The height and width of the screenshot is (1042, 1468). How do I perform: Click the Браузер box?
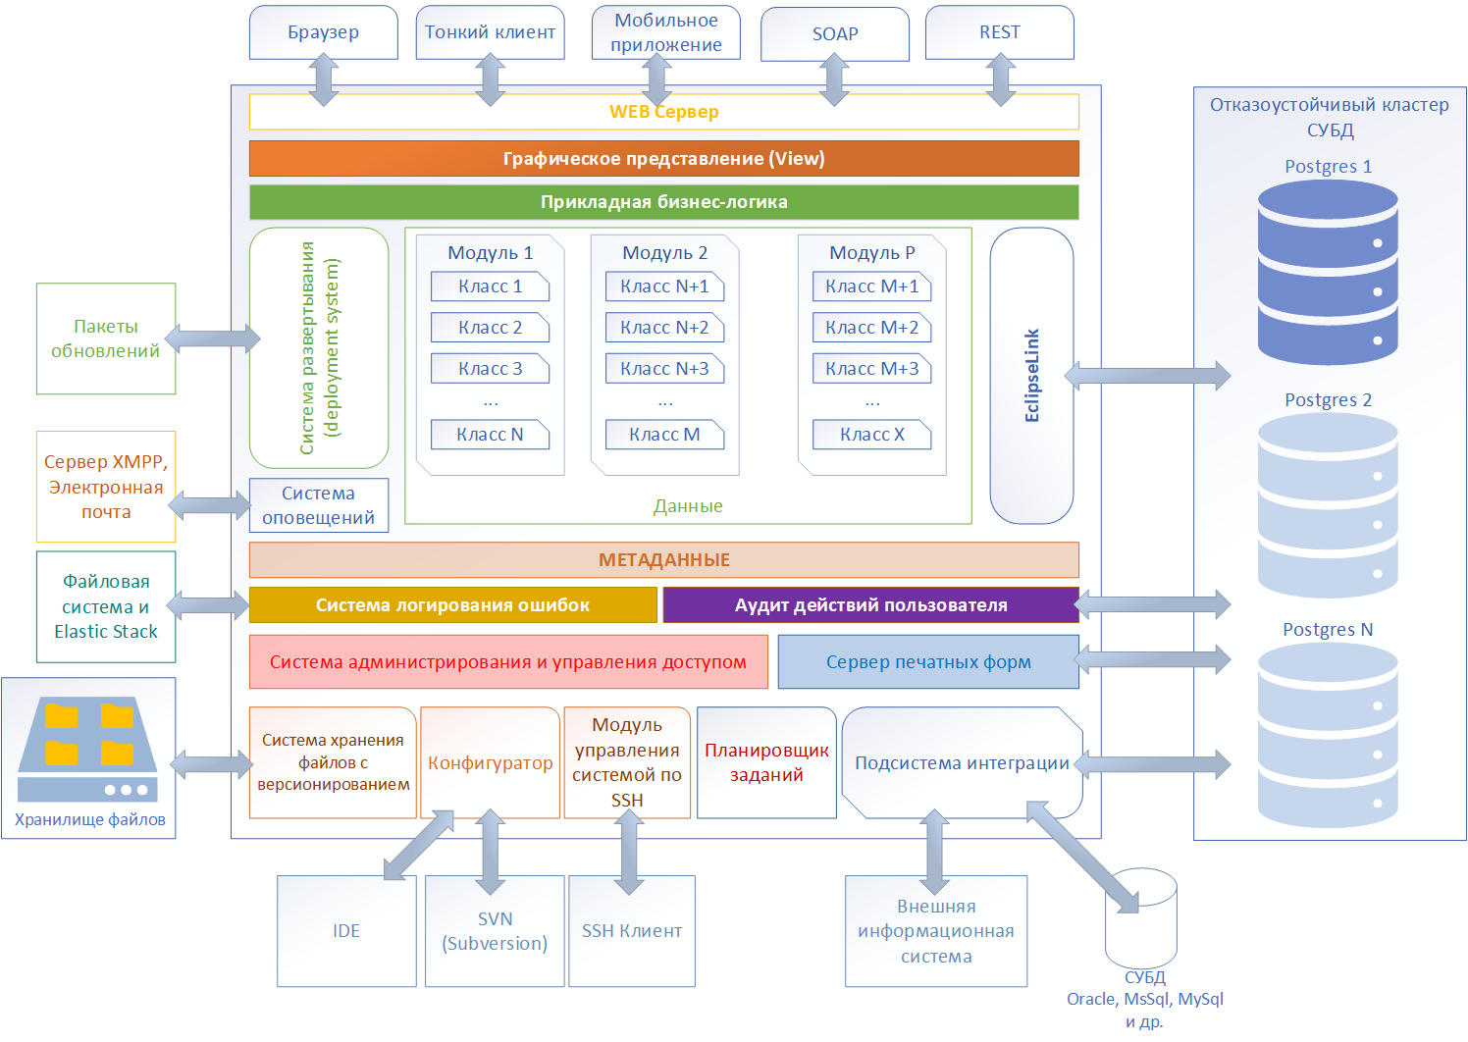click(323, 32)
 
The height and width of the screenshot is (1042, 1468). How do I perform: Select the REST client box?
click(999, 32)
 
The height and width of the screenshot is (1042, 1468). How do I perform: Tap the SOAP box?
click(834, 34)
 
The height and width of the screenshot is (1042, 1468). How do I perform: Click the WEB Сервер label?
click(663, 112)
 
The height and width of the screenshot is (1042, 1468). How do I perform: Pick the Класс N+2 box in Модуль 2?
click(664, 328)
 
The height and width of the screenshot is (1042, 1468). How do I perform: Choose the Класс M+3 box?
click(871, 369)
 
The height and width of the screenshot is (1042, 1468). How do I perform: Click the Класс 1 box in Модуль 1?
click(490, 287)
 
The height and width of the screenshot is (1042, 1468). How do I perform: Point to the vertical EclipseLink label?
click(1031, 376)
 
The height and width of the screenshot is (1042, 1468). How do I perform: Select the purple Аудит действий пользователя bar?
click(870, 605)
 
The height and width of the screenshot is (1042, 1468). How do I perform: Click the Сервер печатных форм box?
click(927, 662)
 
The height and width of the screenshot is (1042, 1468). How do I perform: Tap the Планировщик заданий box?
click(766, 762)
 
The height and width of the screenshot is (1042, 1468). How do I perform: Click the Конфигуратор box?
click(490, 762)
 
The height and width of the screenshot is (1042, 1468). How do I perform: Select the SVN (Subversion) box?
click(495, 931)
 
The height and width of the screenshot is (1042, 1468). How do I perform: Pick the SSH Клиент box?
click(631, 931)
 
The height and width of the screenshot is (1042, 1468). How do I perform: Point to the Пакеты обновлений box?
click(106, 339)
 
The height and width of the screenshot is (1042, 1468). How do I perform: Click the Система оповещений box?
click(318, 505)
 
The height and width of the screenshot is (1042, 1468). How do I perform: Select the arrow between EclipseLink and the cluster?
click(1147, 375)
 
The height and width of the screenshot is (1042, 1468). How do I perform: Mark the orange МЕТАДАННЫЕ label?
click(663, 560)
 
